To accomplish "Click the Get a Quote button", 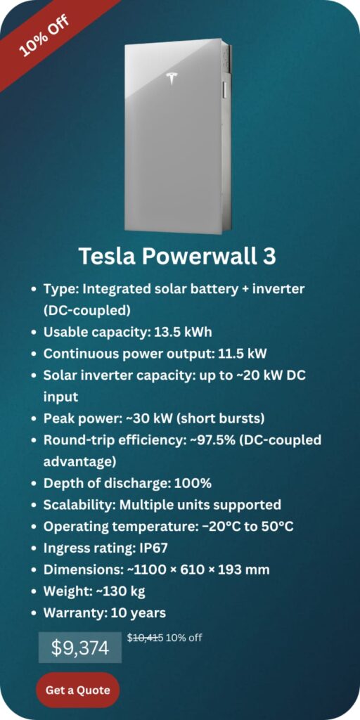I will [77, 690].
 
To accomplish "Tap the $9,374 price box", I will [79, 648].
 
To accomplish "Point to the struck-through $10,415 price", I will [145, 638].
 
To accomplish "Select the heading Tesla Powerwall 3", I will [177, 256].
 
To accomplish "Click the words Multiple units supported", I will [200, 505].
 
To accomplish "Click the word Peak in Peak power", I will [59, 418].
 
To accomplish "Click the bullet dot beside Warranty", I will [34, 613].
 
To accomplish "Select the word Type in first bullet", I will [58, 289].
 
